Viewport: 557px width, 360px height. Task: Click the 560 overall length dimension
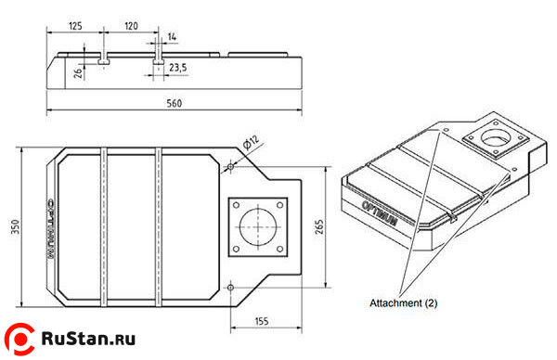(x=173, y=104)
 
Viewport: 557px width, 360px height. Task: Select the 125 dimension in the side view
(x=76, y=25)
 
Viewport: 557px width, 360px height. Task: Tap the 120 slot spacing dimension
(x=131, y=25)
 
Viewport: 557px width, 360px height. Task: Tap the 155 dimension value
(x=261, y=321)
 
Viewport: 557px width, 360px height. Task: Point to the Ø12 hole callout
(x=250, y=141)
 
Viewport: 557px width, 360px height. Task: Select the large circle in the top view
(x=257, y=226)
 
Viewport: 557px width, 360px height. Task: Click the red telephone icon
(x=19, y=339)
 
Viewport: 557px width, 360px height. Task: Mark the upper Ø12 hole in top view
(x=229, y=167)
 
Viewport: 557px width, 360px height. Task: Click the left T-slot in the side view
(x=105, y=63)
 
